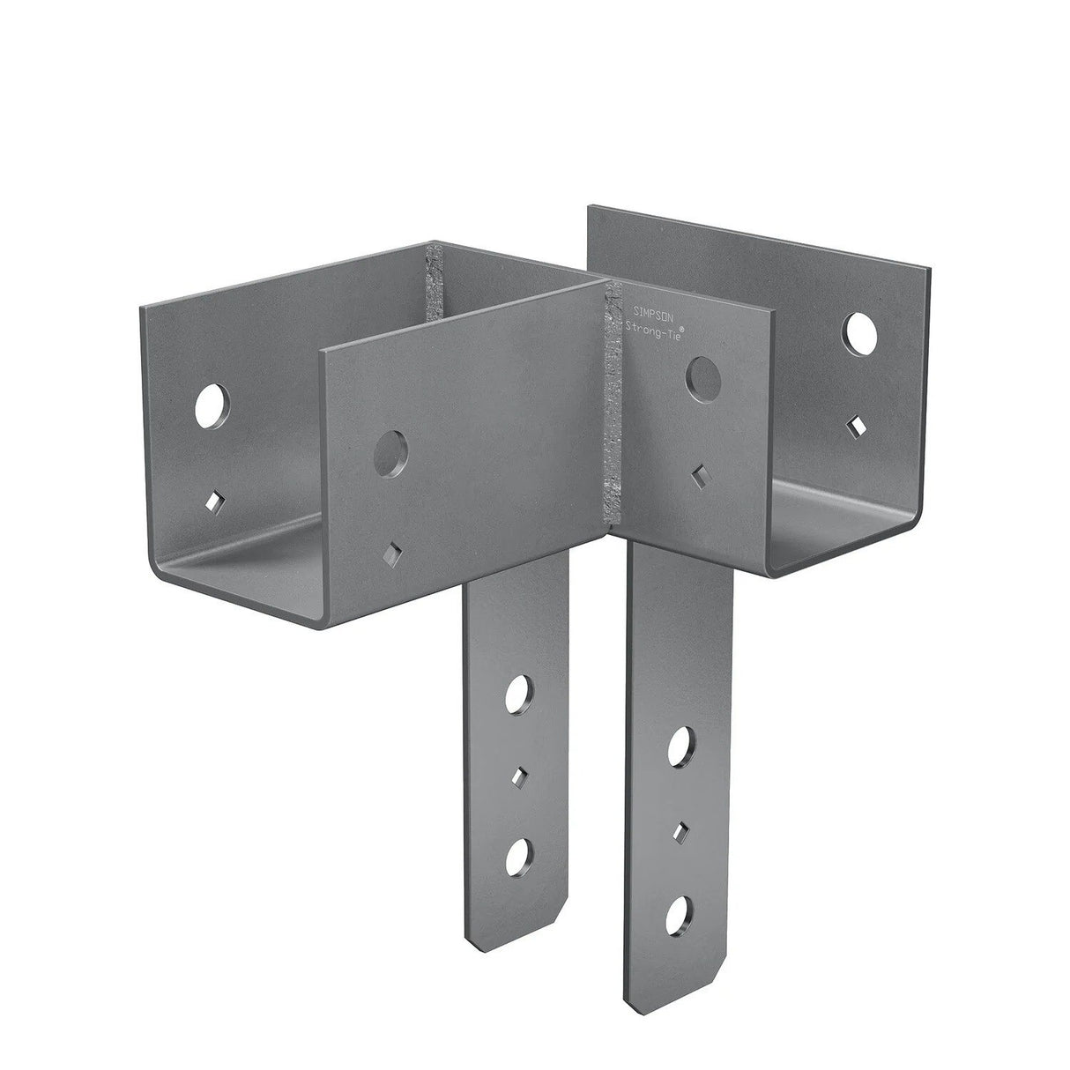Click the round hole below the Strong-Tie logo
pos(702,375)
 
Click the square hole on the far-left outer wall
pos(212,502)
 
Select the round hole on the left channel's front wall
pos(390,451)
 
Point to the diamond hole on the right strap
pos(680,830)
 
